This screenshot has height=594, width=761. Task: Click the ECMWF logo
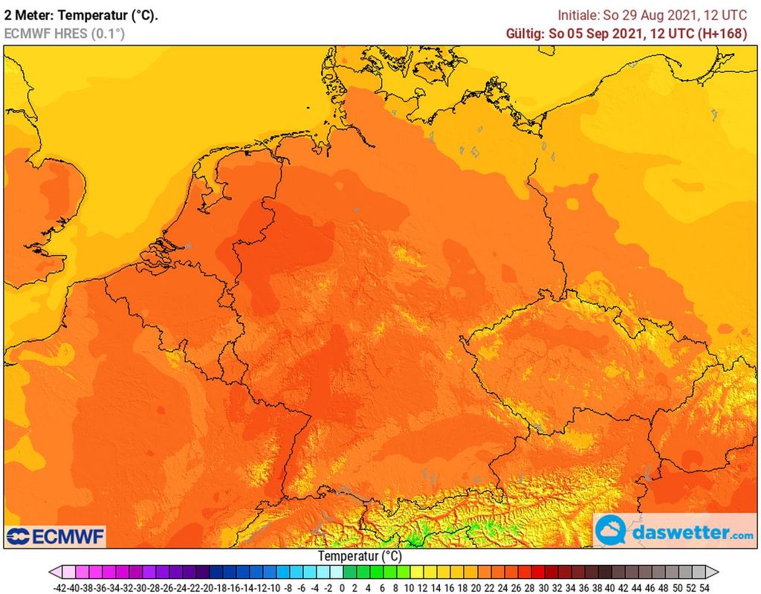click(56, 535)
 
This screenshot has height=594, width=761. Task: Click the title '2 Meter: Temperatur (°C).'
click(81, 15)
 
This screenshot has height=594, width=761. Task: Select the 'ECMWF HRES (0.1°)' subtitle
click(65, 33)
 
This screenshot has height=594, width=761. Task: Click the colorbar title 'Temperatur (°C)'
click(360, 556)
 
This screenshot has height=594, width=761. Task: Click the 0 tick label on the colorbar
click(342, 587)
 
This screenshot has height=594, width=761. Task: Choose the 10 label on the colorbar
click(408, 587)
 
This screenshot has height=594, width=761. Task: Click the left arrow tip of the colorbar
click(51, 572)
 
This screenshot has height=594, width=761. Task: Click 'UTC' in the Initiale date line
click(736, 15)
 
